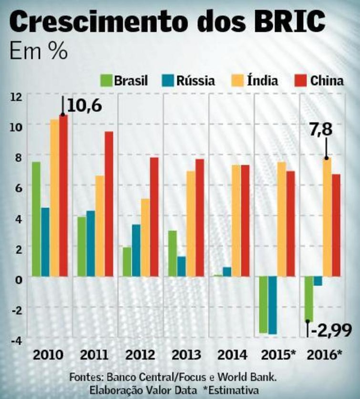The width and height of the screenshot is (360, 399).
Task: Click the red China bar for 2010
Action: (64, 195)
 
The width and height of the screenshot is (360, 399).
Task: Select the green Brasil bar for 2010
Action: (36, 219)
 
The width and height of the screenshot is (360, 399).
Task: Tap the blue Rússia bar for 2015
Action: (273, 305)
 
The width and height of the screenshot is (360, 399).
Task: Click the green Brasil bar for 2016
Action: (309, 299)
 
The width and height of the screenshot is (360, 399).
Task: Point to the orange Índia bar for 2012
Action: (145, 237)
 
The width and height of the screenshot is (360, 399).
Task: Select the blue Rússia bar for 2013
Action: (181, 266)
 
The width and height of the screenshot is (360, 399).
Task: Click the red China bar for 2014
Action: (245, 221)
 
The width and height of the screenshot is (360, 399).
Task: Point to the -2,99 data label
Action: (331, 332)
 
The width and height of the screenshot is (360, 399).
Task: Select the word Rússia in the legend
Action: (196, 81)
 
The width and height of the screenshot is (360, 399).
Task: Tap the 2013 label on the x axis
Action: (186, 355)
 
